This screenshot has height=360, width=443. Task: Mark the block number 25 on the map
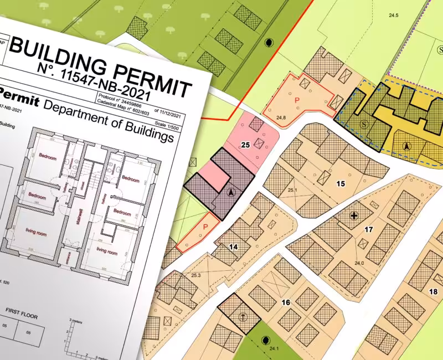click(246, 145)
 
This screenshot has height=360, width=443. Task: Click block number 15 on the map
click(341, 183)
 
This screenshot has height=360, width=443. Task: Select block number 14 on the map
click(233, 247)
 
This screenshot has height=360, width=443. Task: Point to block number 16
click(286, 302)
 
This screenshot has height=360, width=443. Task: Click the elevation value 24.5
click(394, 16)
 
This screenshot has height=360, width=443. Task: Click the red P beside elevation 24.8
click(297, 100)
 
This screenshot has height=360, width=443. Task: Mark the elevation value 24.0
click(359, 263)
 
